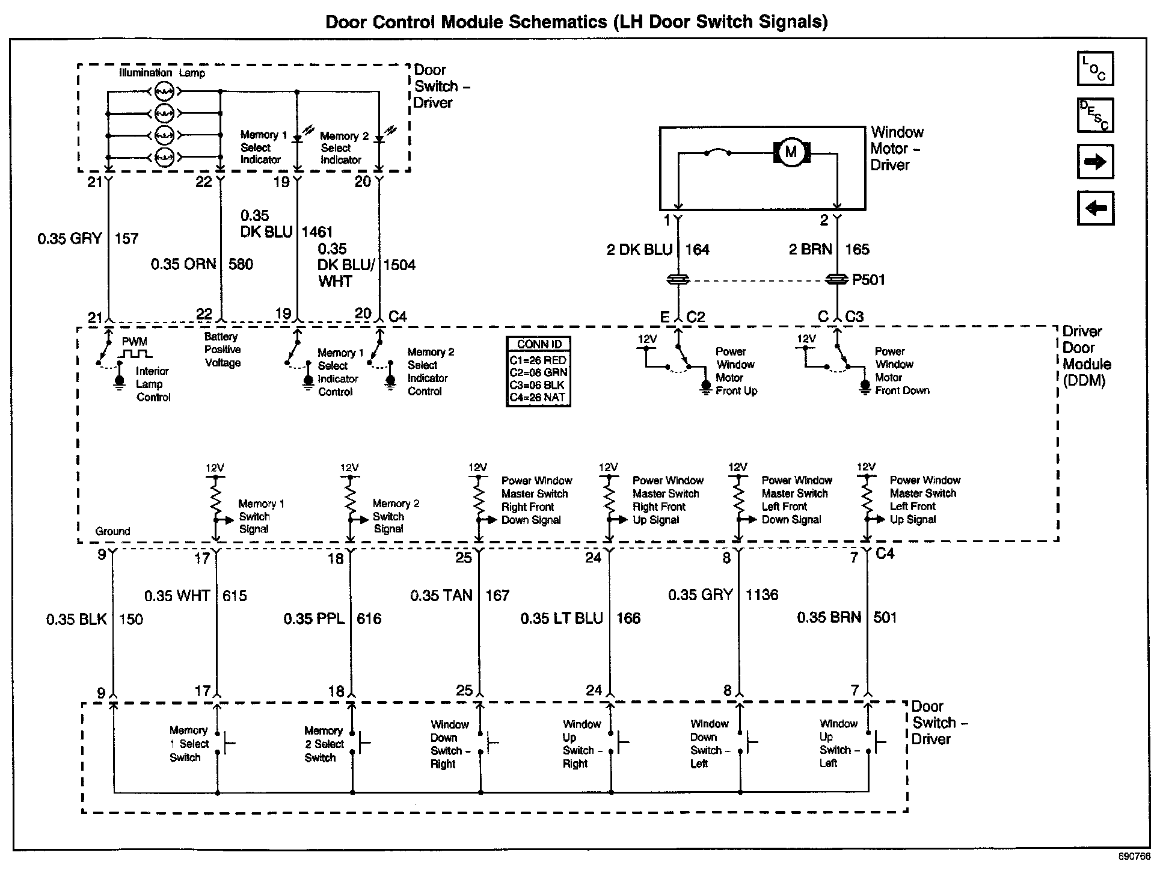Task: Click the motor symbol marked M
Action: click(x=791, y=152)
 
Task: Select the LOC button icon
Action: click(x=1095, y=69)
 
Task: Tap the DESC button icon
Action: click(x=1095, y=115)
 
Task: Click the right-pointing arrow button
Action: click(x=1095, y=161)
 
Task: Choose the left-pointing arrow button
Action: click(x=1095, y=208)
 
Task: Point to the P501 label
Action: click(x=868, y=280)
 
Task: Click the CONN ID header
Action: click(x=539, y=344)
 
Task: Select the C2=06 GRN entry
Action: click(x=539, y=372)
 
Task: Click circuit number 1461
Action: click(x=317, y=232)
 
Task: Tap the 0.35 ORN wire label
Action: click(x=183, y=264)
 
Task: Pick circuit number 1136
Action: click(x=762, y=595)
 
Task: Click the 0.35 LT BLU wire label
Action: click(x=562, y=618)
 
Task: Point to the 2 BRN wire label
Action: click(x=810, y=250)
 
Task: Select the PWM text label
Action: click(x=134, y=341)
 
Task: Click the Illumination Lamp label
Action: click(x=162, y=73)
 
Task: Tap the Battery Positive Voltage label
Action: click(x=222, y=350)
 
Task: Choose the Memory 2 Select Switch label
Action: click(x=324, y=744)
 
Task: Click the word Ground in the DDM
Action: click(x=112, y=531)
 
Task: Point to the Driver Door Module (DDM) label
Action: click(x=1086, y=356)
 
